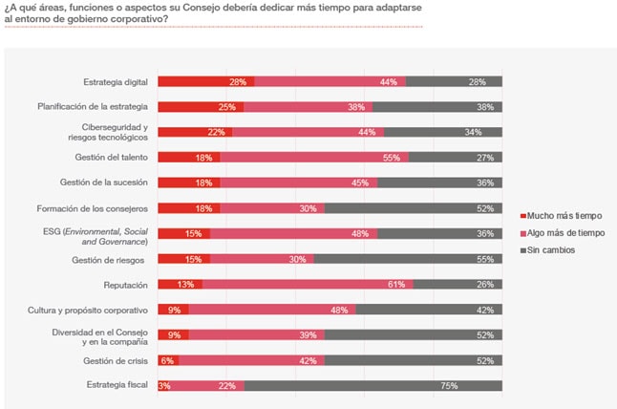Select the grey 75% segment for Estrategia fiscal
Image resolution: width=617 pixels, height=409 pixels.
point(373,386)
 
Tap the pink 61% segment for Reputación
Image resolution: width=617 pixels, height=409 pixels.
point(308,285)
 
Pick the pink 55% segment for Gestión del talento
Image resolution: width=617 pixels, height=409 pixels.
point(314,158)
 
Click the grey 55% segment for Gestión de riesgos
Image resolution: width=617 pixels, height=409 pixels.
point(408,259)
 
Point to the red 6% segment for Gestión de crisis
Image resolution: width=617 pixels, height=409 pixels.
point(168,360)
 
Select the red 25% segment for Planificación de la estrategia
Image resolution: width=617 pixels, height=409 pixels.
point(201,107)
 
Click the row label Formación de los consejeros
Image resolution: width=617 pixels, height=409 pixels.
point(91,208)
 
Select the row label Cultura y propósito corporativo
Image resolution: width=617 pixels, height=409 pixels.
point(85,310)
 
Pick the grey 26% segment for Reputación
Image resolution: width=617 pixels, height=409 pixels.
point(457,285)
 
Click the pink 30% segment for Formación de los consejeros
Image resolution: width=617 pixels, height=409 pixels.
point(272,208)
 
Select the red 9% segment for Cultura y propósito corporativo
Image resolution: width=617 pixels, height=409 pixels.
point(173,310)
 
